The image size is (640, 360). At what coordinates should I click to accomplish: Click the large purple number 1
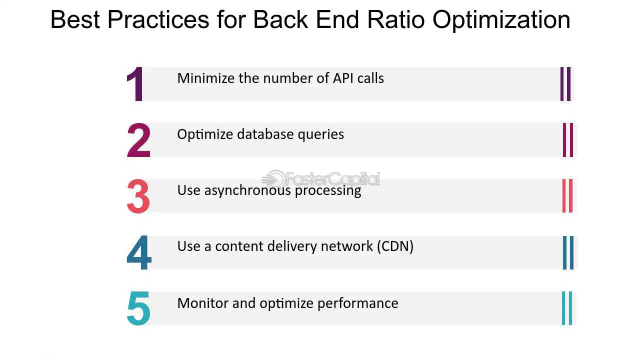135,84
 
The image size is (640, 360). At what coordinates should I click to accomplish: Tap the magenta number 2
138,140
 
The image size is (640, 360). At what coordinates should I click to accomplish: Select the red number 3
138,196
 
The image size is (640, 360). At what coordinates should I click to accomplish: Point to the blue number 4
139,252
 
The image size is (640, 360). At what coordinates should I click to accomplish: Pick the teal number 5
138,308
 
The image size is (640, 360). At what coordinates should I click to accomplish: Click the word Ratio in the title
396,19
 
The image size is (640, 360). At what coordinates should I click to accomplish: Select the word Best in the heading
75,19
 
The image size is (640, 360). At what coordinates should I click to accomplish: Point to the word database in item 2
265,134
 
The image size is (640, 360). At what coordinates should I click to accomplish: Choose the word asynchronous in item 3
247,190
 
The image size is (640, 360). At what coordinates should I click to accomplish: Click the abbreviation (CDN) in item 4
395,246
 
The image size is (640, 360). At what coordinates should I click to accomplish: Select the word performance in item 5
358,303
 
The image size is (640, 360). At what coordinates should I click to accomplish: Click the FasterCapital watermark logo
321,179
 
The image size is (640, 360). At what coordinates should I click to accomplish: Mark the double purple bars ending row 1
565,84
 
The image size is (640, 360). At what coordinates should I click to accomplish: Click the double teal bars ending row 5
567,308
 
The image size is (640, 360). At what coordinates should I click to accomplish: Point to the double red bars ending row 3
567,196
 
